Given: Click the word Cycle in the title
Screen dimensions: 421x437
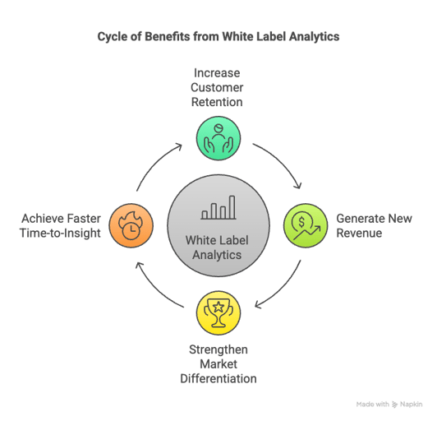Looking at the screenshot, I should (x=113, y=37).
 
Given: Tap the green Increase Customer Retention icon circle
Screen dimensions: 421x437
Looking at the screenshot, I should (x=218, y=137).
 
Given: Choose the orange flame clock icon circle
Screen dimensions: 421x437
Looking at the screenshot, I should (x=131, y=225).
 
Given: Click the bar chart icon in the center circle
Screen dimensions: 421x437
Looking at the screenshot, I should (x=218, y=207).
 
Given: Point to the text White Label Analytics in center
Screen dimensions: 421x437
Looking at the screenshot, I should (x=218, y=248).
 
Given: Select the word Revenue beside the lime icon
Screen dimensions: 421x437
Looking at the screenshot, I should (x=358, y=233).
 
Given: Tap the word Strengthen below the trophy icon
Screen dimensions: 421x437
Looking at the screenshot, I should (x=218, y=350).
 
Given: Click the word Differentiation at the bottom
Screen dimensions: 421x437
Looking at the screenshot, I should (x=218, y=379).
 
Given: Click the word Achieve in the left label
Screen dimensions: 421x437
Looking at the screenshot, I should (x=41, y=218).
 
